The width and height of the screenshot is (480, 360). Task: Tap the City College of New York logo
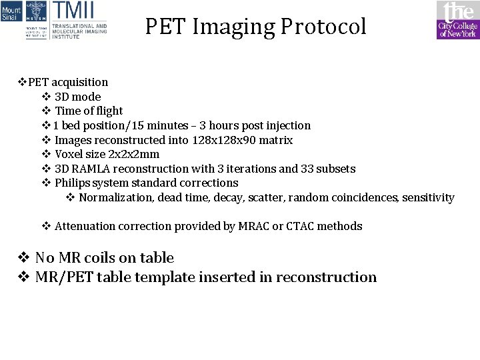pyautogui.click(x=457, y=20)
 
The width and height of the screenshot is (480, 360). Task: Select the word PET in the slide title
pyautogui.click(x=164, y=27)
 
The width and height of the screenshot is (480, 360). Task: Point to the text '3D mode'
pyautogui.click(x=77, y=97)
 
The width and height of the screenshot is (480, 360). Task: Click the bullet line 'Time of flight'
pyautogui.click(x=89, y=111)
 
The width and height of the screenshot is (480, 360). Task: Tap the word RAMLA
pyautogui.click(x=93, y=169)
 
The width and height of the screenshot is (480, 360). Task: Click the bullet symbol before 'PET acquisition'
pyautogui.click(x=22, y=83)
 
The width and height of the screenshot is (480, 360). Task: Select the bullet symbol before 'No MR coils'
pyautogui.click(x=23, y=258)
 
